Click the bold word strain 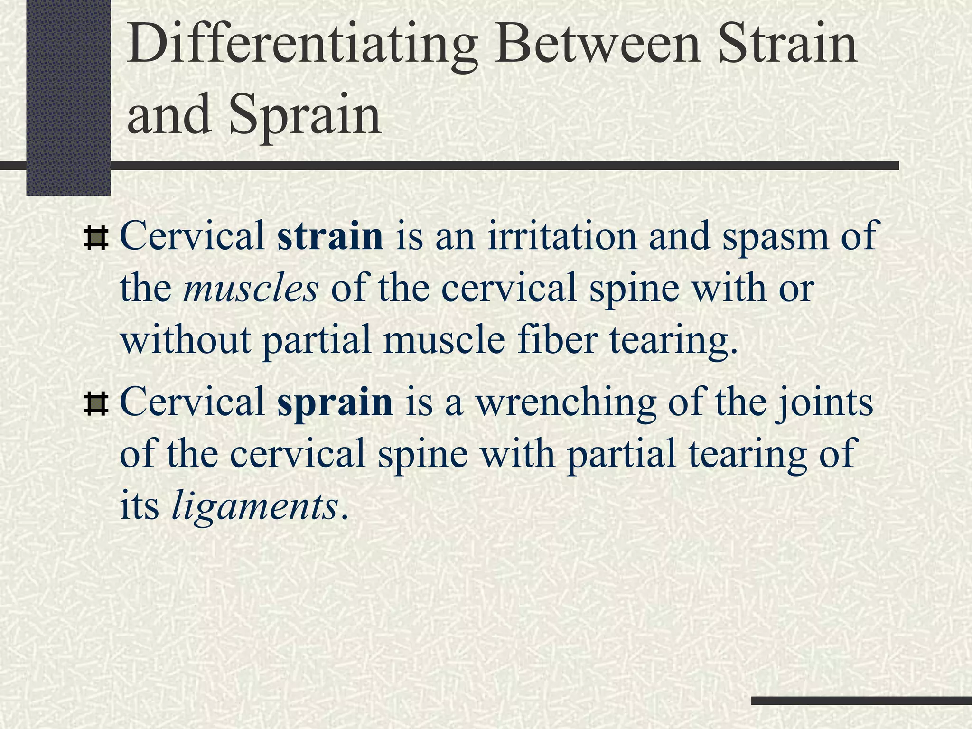coord(330,236)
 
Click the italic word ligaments coord(254,506)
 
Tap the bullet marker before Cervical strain coord(96,238)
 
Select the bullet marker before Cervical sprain coord(96,404)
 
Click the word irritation coord(562,236)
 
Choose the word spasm coord(781,236)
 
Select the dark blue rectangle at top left coord(68,97)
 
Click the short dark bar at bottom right coord(861,701)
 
